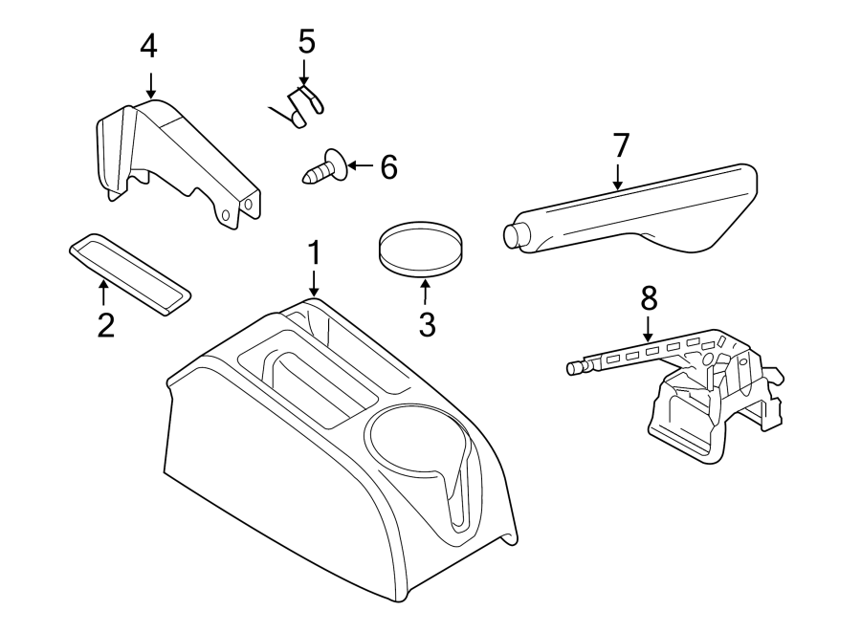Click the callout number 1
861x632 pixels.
point(313,255)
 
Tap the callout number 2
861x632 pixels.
point(105,325)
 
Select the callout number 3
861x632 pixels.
point(427,324)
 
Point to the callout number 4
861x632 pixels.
point(148,45)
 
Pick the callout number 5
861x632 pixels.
point(305,41)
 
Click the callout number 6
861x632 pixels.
point(387,167)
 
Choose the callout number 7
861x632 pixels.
point(621,145)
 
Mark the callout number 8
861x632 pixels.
point(649,298)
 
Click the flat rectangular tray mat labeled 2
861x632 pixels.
point(130,272)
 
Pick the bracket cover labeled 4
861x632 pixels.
point(177,158)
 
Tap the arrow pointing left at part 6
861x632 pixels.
point(360,166)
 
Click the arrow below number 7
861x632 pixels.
point(619,176)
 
